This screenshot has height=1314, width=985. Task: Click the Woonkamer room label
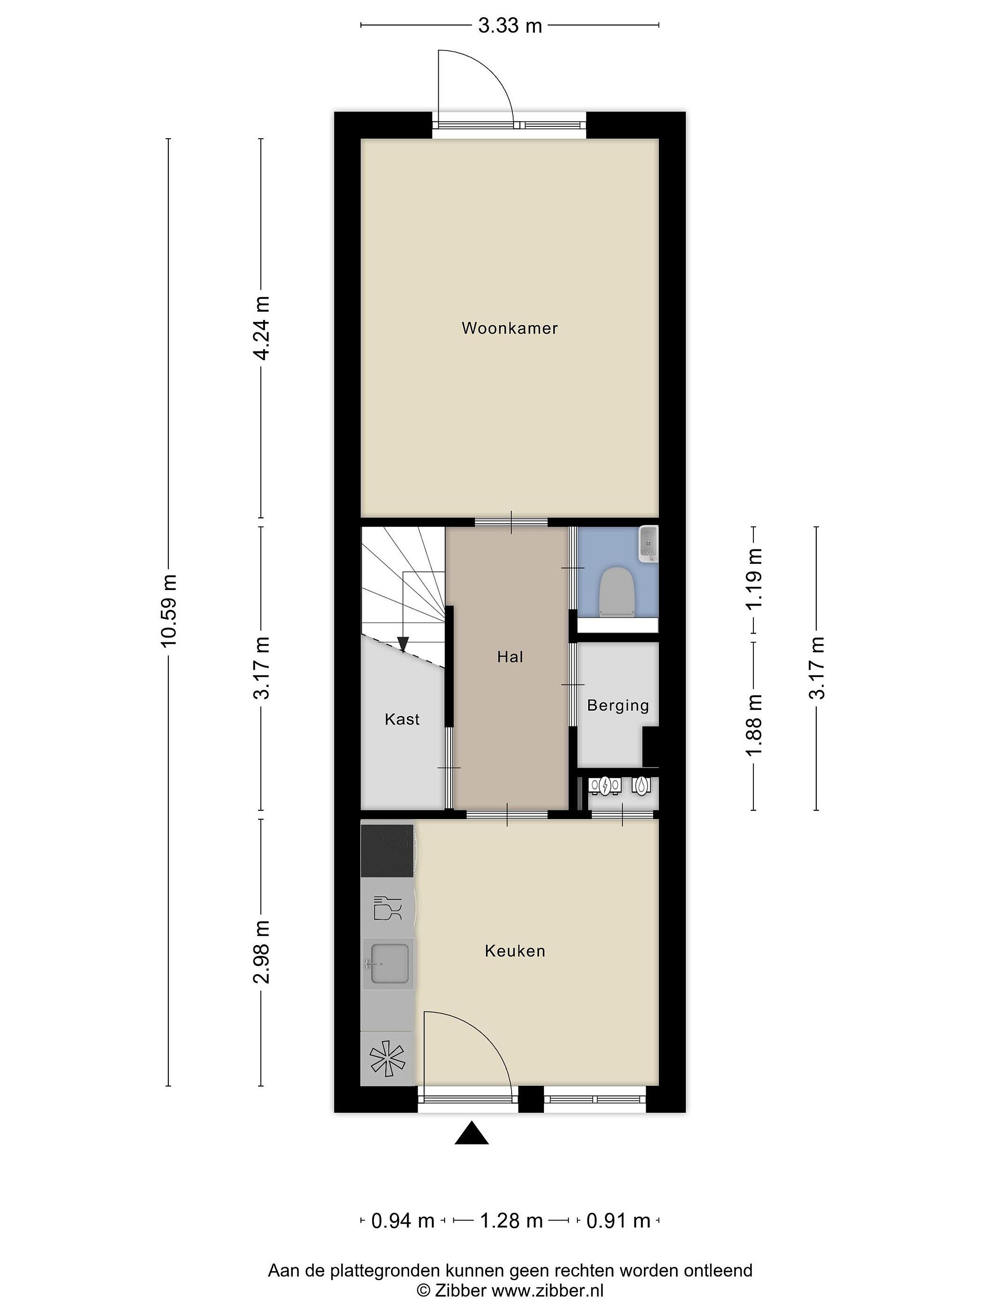509,328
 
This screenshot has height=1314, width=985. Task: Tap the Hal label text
510,657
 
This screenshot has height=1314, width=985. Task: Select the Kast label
402,720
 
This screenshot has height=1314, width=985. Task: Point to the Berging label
617,706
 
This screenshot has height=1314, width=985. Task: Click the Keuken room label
515,950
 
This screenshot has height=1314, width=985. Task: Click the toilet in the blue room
616,590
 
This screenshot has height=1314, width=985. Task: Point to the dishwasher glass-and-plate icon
388,907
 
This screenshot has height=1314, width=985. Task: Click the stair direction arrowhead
403,644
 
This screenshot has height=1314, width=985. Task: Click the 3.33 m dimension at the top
510,26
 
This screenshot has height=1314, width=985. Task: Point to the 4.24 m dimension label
262,328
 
